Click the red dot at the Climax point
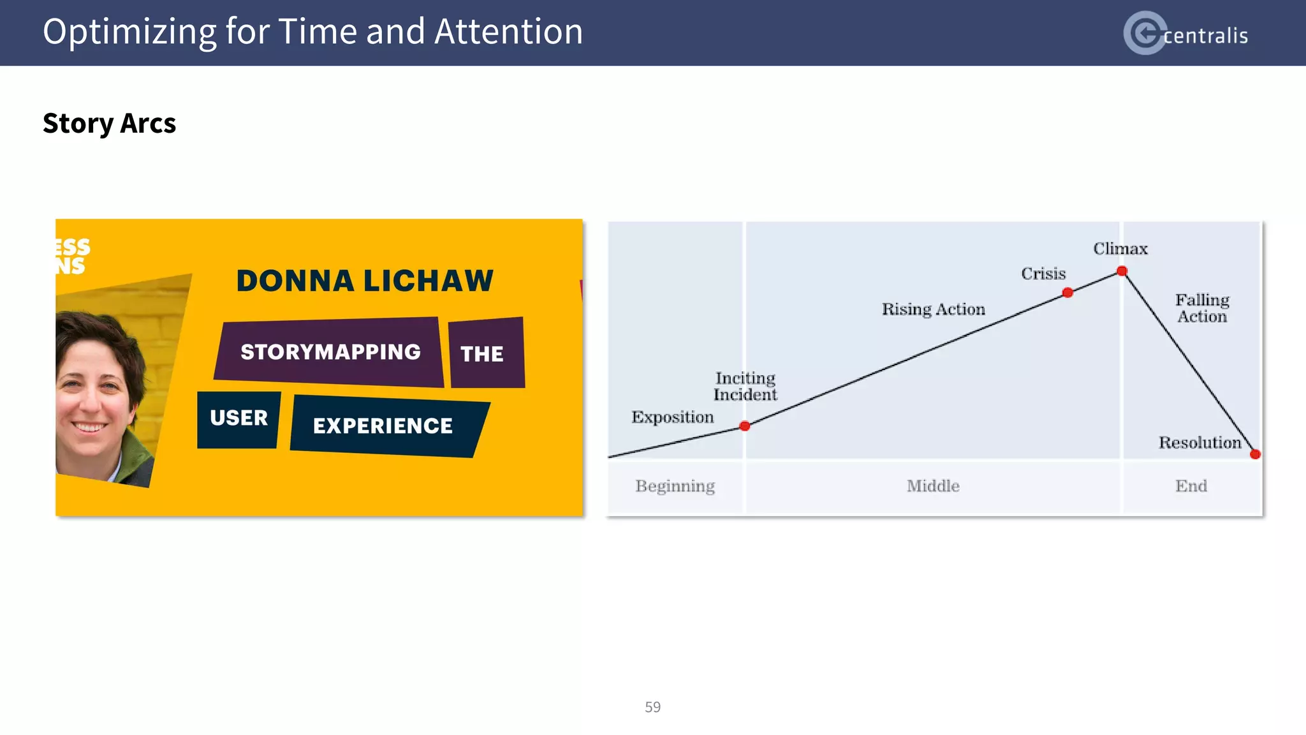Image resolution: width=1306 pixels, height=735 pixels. point(1122,271)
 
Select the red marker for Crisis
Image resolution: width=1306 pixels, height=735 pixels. point(1068,293)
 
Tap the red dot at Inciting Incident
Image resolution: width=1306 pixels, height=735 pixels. point(744,426)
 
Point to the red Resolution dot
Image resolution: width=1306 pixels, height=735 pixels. point(1255,454)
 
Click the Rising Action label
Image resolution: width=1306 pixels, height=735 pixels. point(933,309)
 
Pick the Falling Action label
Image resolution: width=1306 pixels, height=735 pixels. point(1202,308)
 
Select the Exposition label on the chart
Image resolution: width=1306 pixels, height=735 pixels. point(672,417)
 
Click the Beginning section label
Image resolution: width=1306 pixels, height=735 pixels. point(675,486)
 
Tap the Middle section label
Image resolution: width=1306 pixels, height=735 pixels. point(933,486)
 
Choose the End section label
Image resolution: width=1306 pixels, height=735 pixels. point(1191,486)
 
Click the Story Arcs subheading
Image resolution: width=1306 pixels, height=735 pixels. point(109,123)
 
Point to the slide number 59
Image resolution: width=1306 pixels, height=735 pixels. point(652,707)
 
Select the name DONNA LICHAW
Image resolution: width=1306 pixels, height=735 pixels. point(365,281)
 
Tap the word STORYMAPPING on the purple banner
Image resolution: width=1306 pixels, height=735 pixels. point(330,352)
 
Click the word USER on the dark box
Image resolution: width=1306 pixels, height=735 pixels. point(238,418)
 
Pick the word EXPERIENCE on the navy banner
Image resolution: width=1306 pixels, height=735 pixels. point(383,426)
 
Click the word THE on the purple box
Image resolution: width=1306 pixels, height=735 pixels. point(481,354)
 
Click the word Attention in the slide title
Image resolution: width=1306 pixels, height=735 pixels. point(508,31)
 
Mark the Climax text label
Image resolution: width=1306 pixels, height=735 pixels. point(1120,249)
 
